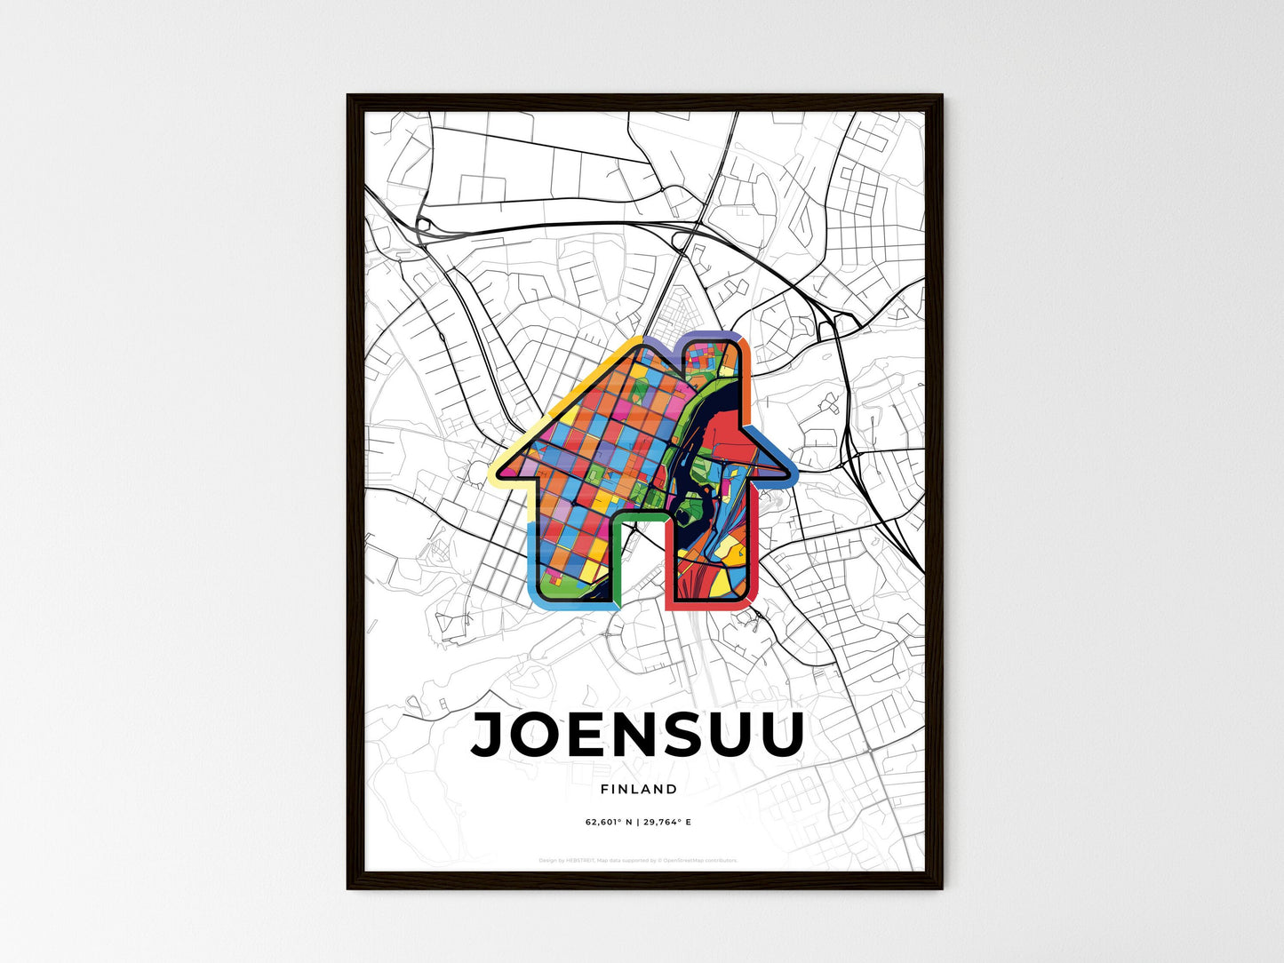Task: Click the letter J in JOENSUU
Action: pos(490,734)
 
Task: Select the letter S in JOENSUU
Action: pos(675,734)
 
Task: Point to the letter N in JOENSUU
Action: pos(630,734)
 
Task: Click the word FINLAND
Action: pos(638,789)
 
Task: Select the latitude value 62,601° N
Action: pos(608,822)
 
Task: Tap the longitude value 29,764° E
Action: pos(665,822)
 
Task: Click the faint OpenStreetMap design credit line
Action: pos(638,860)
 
